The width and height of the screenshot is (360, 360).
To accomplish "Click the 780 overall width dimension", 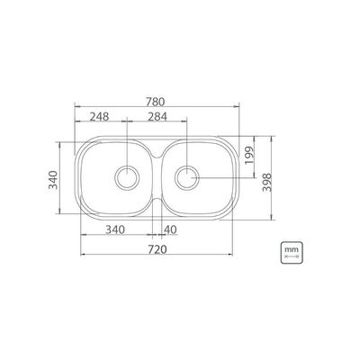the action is (x=156, y=102).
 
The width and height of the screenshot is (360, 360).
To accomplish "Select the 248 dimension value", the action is (x=99, y=116).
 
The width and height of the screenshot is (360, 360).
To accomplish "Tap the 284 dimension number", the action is (x=157, y=116).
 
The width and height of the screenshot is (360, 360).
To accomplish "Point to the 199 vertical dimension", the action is (x=249, y=155).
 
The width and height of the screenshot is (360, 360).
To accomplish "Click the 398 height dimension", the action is (x=266, y=182).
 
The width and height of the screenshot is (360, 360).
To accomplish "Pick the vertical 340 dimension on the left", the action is (x=53, y=180).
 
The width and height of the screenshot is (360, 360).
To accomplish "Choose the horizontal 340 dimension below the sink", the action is (x=115, y=229).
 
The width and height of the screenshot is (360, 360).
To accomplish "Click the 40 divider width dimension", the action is (x=170, y=229).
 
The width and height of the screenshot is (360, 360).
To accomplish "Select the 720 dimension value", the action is (x=157, y=249).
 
